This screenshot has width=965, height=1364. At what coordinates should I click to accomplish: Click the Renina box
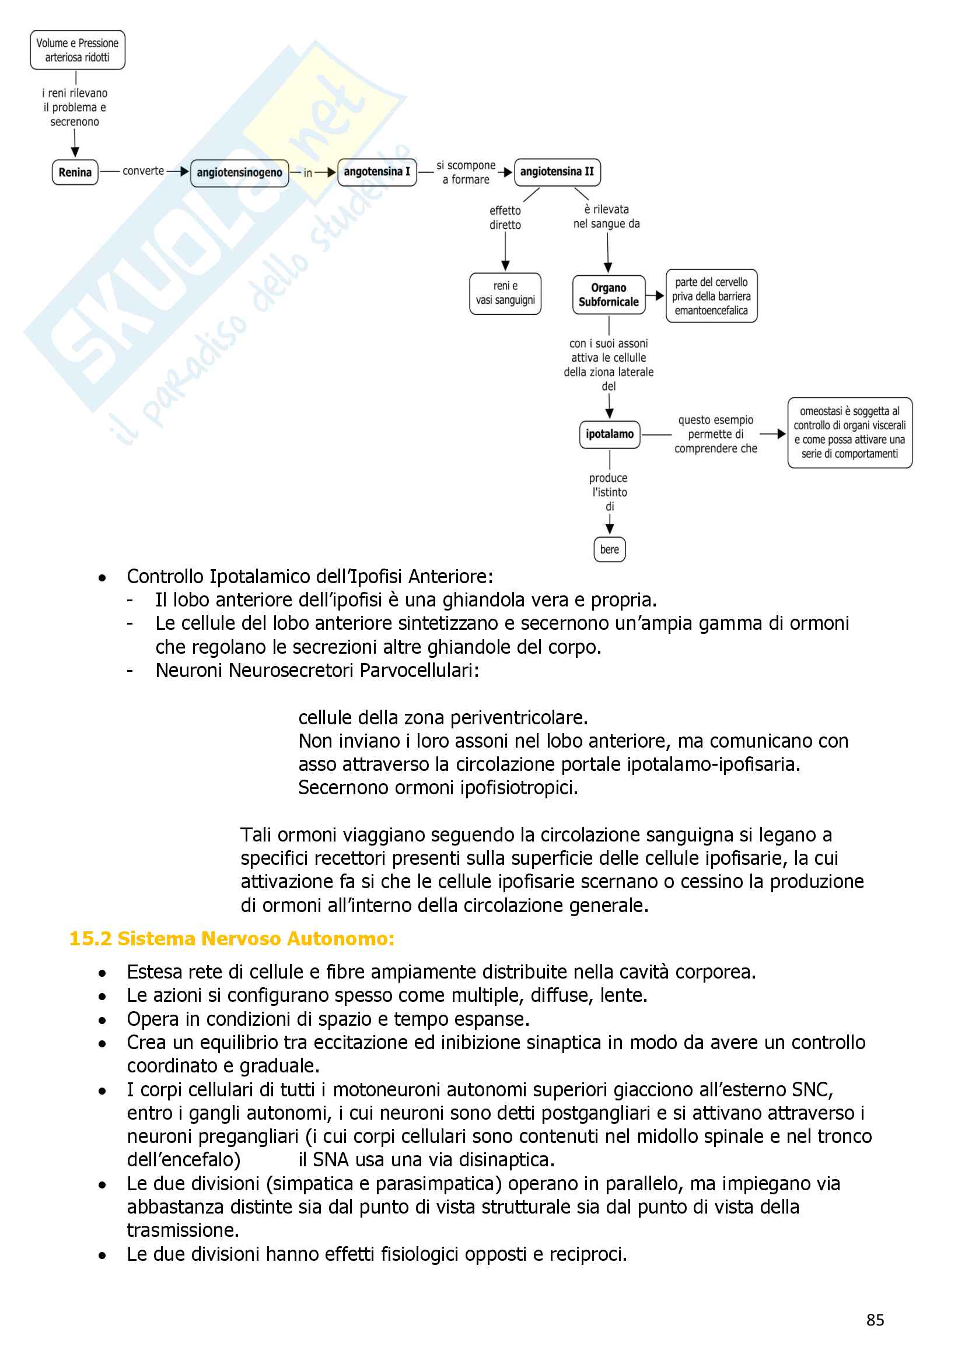[x=75, y=172]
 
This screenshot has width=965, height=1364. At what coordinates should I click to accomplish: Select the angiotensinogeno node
[x=239, y=173]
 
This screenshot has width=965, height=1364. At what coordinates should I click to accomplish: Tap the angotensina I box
[x=377, y=172]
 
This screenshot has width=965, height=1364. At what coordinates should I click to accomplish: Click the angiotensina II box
[x=557, y=171]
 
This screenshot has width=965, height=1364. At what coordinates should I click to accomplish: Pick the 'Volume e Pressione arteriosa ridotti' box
[x=77, y=50]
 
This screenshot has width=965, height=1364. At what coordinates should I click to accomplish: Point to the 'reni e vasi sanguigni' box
[x=505, y=293]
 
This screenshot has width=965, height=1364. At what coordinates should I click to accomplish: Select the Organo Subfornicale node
[x=609, y=294]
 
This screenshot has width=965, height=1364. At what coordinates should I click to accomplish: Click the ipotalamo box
[x=610, y=434]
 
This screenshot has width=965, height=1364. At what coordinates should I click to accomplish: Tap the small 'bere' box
[x=610, y=549]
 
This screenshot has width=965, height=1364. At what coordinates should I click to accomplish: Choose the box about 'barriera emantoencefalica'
[x=711, y=296]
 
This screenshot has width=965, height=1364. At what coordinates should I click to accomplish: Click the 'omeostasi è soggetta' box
[x=849, y=433]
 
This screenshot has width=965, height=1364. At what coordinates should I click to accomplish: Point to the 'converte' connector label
[x=143, y=171]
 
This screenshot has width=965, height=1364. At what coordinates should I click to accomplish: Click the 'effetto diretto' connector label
[x=505, y=218]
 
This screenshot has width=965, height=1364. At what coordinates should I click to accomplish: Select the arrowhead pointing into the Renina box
[x=75, y=153]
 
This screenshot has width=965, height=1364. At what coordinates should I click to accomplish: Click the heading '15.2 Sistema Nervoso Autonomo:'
[x=232, y=939]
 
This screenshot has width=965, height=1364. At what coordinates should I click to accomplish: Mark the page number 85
[x=875, y=1320]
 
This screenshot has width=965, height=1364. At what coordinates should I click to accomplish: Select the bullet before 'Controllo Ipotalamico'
[x=103, y=577]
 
